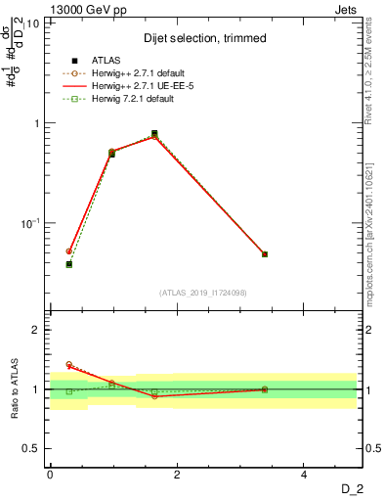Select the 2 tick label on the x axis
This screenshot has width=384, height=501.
click(177, 474)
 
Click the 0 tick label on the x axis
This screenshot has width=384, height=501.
click(50, 474)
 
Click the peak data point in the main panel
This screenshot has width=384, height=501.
click(154, 134)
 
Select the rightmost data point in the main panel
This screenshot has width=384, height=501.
click(265, 254)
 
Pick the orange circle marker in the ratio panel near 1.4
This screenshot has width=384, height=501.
click(68, 364)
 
